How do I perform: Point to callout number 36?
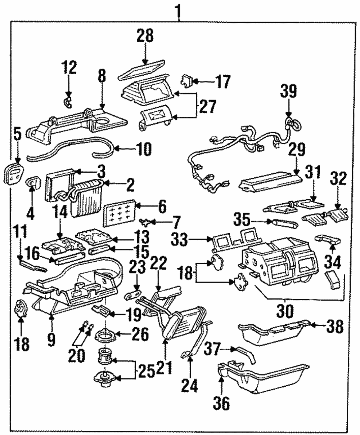pos(221,403)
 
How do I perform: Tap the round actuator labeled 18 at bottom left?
pos(21,309)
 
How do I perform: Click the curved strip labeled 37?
pos(246,354)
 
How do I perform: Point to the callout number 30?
pos(284,310)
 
